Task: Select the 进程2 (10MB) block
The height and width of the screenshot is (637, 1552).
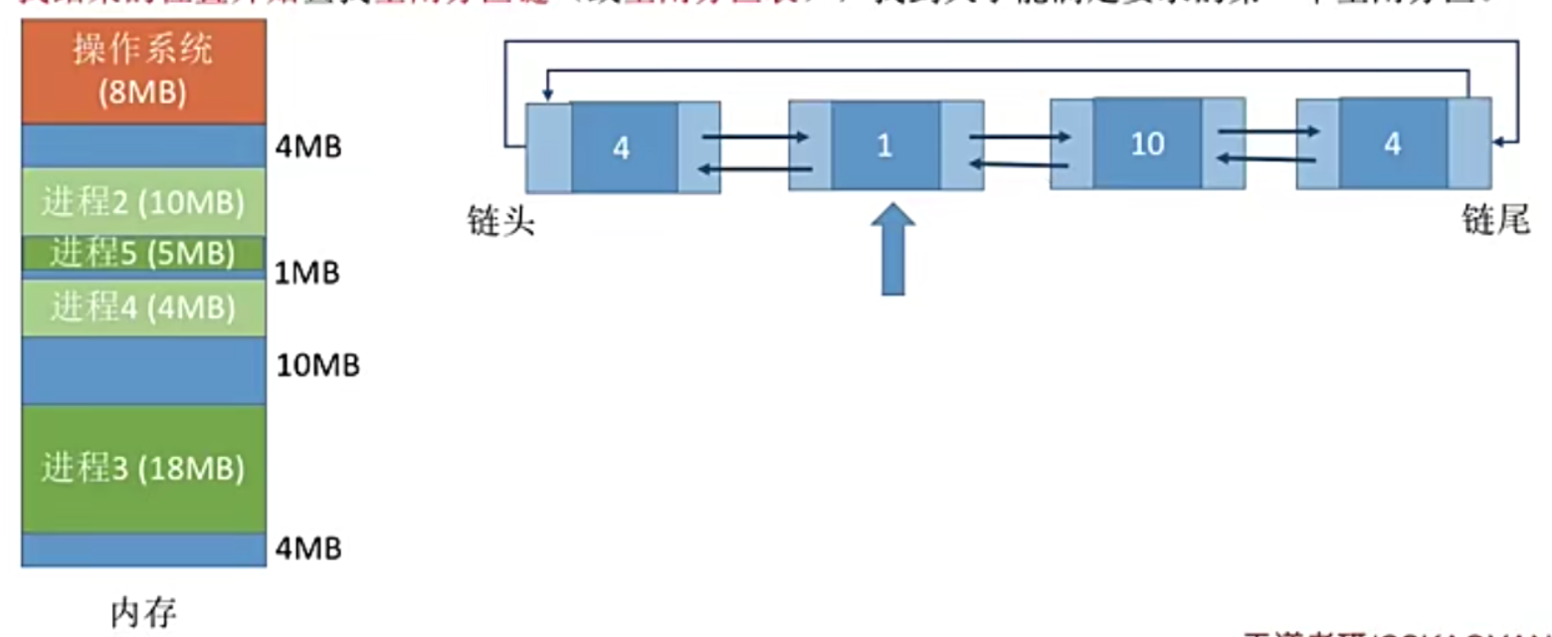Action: point(143,202)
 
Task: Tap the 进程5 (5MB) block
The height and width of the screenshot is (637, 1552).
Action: point(143,253)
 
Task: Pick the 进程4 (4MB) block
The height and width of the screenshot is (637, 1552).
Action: point(143,307)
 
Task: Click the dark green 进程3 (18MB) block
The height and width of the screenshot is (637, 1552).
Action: point(143,468)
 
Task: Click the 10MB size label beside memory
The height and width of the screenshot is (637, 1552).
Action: point(317,366)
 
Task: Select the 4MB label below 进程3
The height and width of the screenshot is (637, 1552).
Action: point(308,548)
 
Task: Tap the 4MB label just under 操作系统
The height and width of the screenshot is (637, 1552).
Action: point(308,148)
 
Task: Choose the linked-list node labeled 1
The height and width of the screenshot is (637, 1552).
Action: point(885,145)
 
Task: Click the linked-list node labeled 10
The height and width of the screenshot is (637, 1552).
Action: point(1147,144)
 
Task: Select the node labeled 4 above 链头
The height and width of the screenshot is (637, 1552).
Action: point(623,147)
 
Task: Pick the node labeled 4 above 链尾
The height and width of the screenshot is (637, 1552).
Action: point(1393,143)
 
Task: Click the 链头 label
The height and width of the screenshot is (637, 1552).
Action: point(502,221)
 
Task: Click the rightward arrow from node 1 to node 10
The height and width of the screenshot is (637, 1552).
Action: point(1019,137)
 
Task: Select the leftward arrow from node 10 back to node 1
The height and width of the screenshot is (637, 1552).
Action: point(1019,164)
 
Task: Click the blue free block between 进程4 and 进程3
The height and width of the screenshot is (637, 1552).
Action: point(143,370)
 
